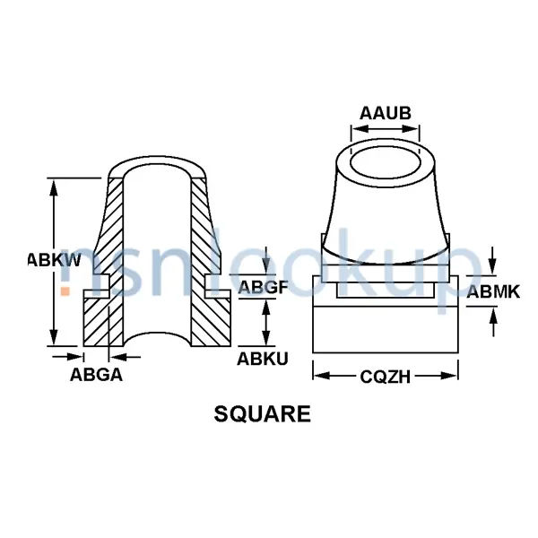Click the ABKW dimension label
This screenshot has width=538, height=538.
(x=54, y=261)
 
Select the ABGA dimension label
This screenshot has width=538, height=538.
(x=96, y=375)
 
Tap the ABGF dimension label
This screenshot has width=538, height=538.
(x=263, y=287)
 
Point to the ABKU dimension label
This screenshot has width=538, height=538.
(x=263, y=359)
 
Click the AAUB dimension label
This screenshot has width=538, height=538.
(x=386, y=114)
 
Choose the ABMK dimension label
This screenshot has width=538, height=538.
(x=492, y=291)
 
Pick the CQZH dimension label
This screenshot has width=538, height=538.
(x=385, y=377)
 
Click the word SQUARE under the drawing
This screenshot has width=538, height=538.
(x=263, y=414)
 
